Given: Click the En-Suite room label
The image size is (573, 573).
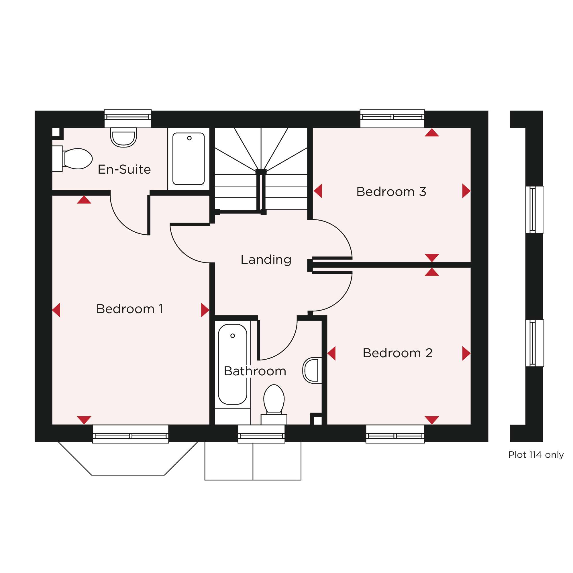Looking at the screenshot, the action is coord(124,170).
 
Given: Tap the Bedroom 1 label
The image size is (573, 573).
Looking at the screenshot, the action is coord(129,309).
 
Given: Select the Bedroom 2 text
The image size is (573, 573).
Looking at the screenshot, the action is coord(397,353).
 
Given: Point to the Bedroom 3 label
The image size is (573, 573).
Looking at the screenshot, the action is coord(391,192).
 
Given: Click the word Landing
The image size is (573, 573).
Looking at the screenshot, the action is coord(266,260).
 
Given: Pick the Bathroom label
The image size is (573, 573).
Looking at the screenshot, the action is coord(255,371).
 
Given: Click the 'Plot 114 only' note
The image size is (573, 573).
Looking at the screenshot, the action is coord(536,455).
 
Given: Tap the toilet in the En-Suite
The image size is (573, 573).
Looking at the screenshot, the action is coord(72,159).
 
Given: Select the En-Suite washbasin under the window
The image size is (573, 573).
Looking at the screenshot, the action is coord(123,137).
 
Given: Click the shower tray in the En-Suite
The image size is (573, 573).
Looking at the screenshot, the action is coord(189,159).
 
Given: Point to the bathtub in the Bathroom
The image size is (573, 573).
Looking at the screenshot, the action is coord(233,364).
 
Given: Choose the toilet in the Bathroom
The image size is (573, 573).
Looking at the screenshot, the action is coord(274,405).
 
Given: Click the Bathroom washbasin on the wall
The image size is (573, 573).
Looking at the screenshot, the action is coord(312,370).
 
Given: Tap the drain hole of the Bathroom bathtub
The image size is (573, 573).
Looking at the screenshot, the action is coord(233,336).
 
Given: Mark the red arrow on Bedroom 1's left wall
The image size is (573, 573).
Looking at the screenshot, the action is coord(56,310).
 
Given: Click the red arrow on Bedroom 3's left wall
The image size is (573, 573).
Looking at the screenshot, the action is coord(318,191).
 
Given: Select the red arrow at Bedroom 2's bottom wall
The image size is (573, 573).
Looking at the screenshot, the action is coord(432,420).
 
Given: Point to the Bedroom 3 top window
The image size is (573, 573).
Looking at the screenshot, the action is coord(392,119).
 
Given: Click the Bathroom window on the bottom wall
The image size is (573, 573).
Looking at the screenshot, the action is coord(261,434).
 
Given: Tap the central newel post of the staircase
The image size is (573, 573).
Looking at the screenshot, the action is coord(261,171).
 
